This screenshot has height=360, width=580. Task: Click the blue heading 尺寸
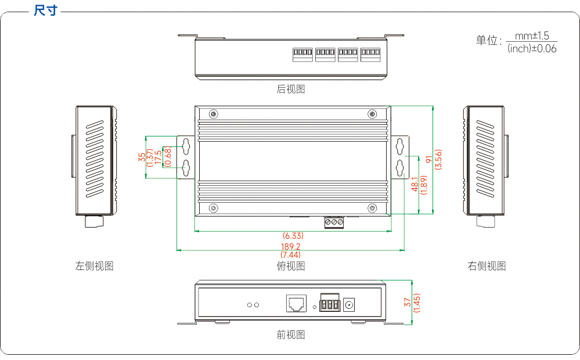point(45,10)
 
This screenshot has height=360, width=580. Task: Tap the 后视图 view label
point(291,89)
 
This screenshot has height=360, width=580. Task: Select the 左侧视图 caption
point(94,266)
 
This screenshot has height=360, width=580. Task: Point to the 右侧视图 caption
point(487,266)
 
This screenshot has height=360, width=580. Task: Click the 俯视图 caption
point(291,266)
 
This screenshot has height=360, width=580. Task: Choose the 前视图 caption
point(291,335)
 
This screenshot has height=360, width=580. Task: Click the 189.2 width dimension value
point(291,246)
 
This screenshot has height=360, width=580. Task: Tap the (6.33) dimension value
point(293,236)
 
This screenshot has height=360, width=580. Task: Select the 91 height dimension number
point(429,159)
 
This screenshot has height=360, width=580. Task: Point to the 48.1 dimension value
point(415,184)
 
